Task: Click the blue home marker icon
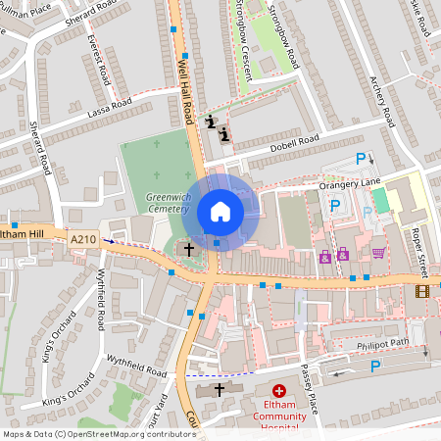tap(220, 212)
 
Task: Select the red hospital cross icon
tap(279, 390)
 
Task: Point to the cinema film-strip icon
tap(422, 290)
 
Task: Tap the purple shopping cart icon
tap(378, 253)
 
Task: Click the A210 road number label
tap(83, 237)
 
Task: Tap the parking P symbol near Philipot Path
tap(374, 366)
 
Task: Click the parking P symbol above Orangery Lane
tap(361, 158)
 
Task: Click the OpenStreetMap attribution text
tap(98, 433)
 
